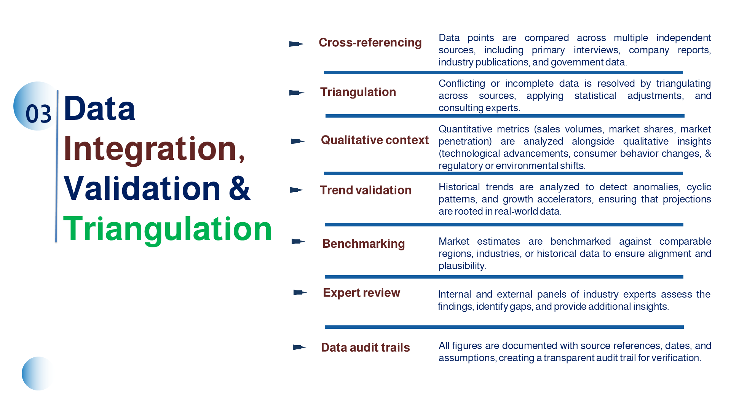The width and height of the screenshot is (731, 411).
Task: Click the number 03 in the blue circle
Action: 38,113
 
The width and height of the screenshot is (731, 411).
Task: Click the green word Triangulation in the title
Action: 167,229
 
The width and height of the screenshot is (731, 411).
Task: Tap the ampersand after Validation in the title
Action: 239,188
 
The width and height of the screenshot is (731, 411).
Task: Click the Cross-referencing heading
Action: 370,43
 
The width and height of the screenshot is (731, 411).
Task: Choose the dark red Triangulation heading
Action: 358,92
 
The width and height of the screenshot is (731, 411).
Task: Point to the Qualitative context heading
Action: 375,140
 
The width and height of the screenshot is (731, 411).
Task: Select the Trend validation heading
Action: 365,190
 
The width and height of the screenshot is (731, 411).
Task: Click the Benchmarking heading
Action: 363,244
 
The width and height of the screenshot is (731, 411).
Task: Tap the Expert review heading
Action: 361,293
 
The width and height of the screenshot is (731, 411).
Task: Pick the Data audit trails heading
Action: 365,347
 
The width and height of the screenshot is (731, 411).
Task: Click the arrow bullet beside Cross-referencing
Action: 297,44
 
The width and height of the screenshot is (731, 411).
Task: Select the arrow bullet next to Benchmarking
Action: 298,242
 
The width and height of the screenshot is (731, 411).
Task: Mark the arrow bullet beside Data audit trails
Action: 299,347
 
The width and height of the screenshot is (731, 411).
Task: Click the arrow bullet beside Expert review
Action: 300,292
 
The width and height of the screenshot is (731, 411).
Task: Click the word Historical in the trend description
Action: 459,187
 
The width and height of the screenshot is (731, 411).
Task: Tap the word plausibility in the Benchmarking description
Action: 461,266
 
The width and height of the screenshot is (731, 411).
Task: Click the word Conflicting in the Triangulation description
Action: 461,84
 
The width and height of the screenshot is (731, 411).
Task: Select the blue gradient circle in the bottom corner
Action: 37,373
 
